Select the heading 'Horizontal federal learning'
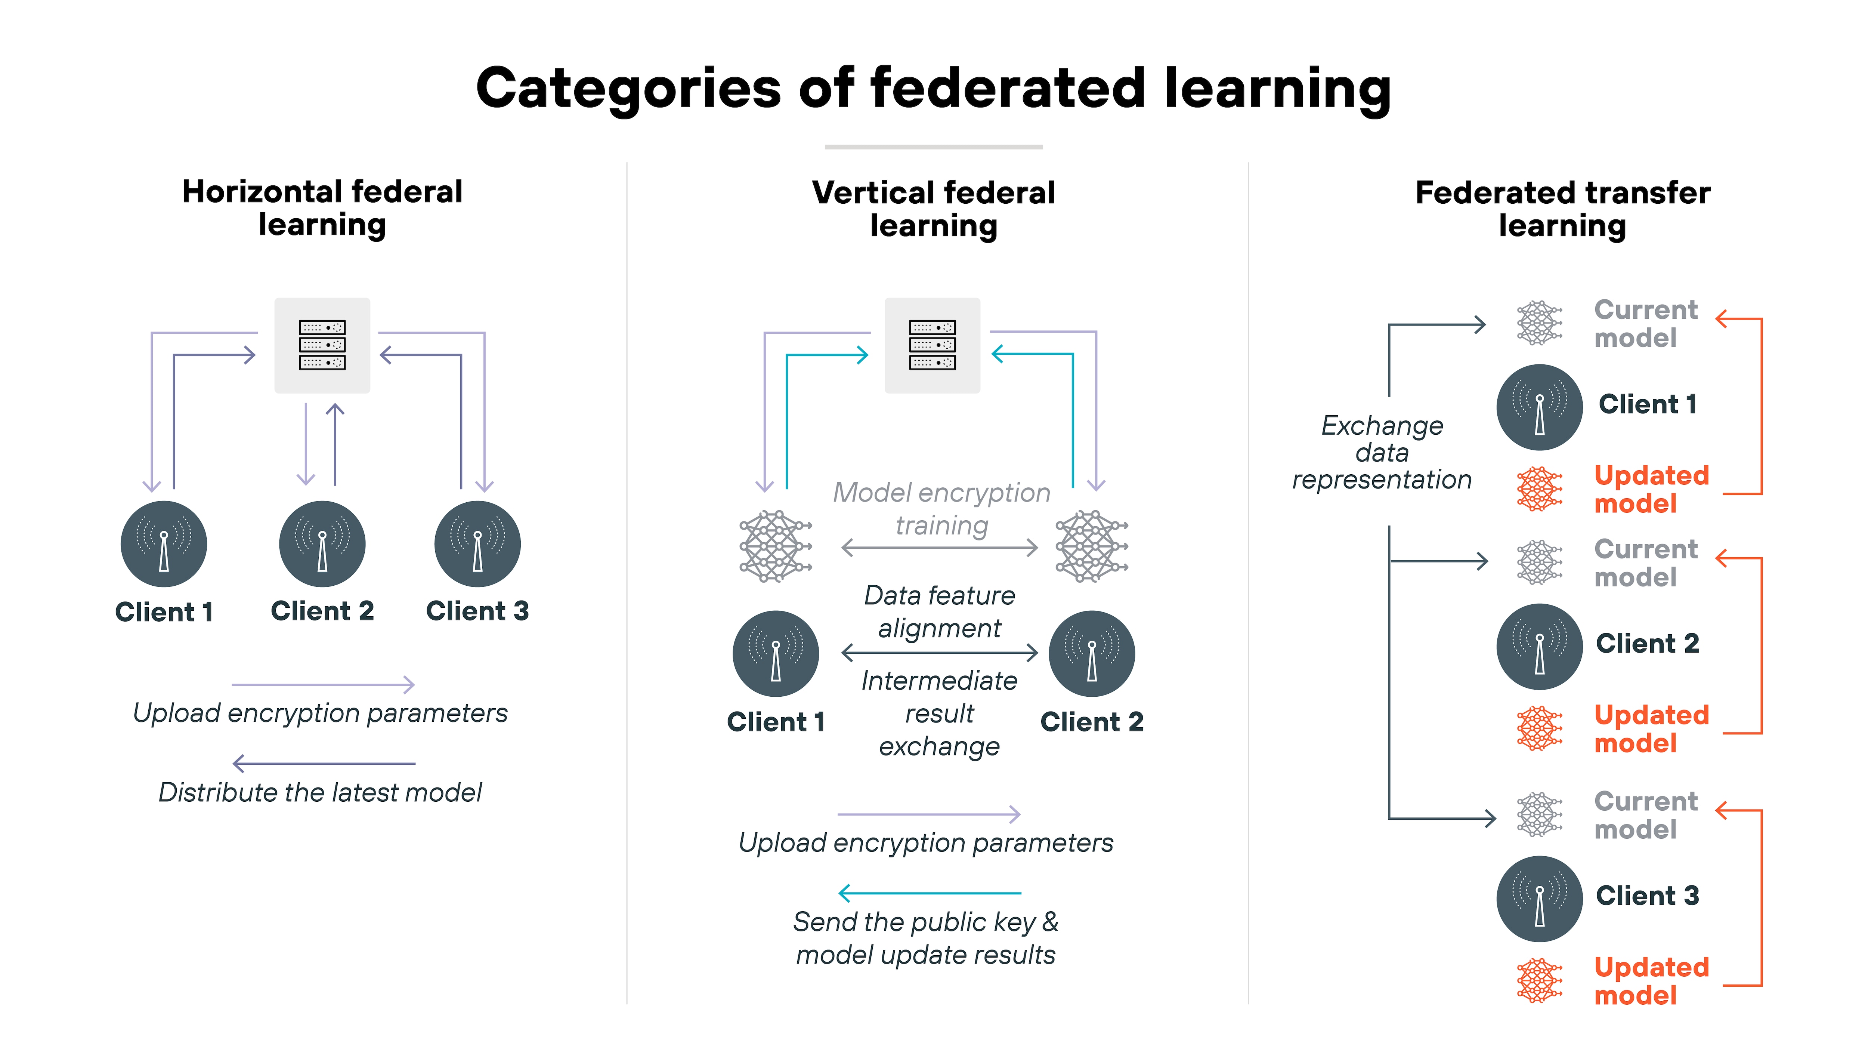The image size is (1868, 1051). click(322, 208)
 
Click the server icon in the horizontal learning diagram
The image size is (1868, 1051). click(322, 345)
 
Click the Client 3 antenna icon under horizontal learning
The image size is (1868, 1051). click(477, 544)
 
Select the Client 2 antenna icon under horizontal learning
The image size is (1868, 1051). click(322, 544)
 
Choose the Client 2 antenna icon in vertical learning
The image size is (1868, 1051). click(1091, 654)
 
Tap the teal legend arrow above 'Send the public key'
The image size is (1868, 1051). click(930, 893)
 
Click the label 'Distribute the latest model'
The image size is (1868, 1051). click(320, 792)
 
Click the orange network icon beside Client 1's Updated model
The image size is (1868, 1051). click(1539, 489)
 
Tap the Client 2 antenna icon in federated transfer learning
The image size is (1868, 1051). click(1539, 646)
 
